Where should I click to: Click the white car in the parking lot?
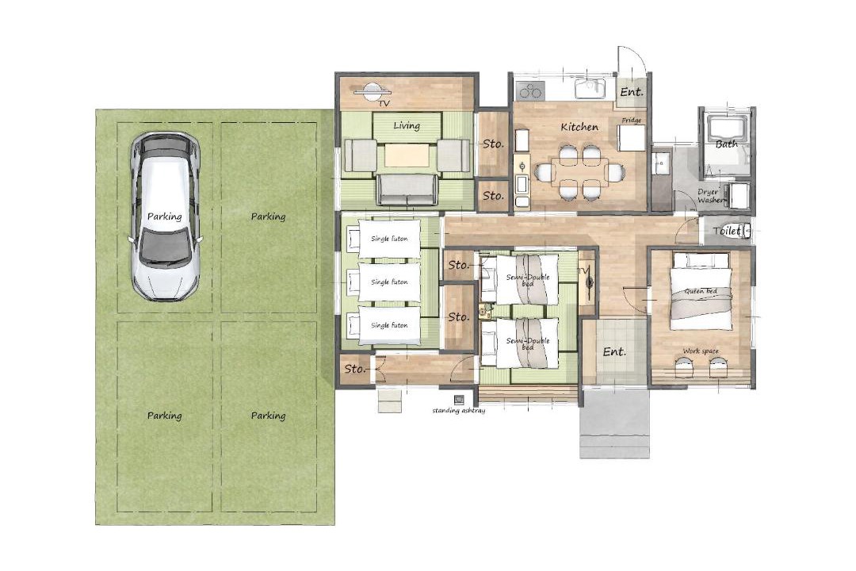(164, 217)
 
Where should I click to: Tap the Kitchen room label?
(579, 127)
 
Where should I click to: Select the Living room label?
(407, 125)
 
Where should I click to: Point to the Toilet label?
(727, 231)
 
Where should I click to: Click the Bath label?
(727, 144)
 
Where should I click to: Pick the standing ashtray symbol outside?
(459, 400)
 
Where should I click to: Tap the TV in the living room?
(372, 91)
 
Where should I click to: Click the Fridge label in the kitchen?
(632, 121)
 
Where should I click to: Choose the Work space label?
(701, 351)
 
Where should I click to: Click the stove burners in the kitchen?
(530, 90)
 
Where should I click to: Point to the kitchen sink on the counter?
(589, 87)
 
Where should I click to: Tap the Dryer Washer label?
(710, 196)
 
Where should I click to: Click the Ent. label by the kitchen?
(632, 92)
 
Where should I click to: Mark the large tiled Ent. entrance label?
(614, 352)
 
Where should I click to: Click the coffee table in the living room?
(406, 155)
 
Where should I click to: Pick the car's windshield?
(165, 245)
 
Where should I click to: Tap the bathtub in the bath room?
(727, 131)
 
